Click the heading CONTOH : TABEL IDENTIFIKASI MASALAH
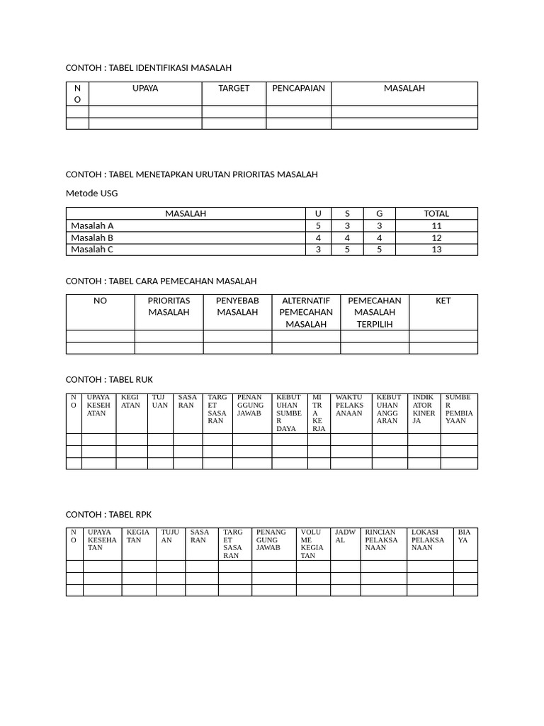click(x=149, y=68)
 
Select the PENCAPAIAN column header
click(x=298, y=89)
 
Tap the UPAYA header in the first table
click(x=145, y=89)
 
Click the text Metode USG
click(x=92, y=193)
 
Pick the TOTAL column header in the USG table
click(x=436, y=213)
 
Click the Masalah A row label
click(x=92, y=225)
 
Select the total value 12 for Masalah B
click(x=436, y=238)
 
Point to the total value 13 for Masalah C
click(x=436, y=250)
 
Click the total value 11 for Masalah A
click(x=436, y=225)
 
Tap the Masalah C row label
click(x=92, y=250)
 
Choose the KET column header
click(x=443, y=301)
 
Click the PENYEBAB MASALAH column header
click(x=237, y=306)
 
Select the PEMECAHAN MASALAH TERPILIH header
click(x=375, y=312)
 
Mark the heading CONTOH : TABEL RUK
click(x=109, y=380)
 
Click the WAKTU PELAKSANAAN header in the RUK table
click(x=350, y=406)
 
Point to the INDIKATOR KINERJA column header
click(x=424, y=409)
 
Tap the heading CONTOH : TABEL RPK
click(x=109, y=514)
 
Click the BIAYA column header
click(x=464, y=536)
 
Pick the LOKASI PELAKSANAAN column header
click(x=428, y=540)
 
